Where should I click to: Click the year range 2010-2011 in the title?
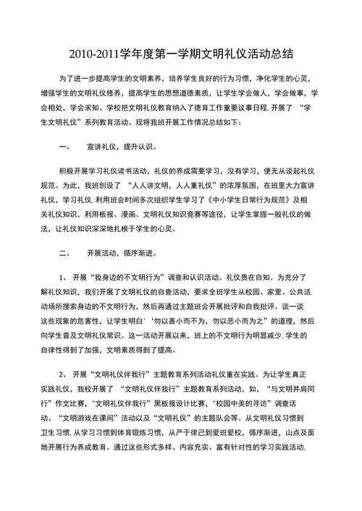click(106, 52)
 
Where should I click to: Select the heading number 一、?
click(62, 147)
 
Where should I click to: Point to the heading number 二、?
click(62, 254)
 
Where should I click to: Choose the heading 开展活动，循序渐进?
click(119, 254)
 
